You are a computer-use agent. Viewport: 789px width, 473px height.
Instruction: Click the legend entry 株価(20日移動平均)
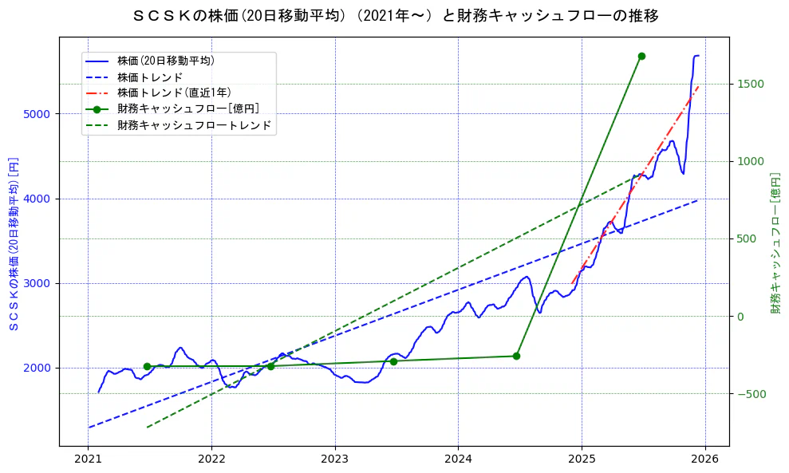click(165, 61)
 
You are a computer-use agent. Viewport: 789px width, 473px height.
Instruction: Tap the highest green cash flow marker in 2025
click(641, 56)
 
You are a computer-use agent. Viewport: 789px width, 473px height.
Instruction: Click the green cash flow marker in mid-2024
click(516, 356)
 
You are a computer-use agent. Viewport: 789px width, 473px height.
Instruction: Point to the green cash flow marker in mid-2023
click(393, 361)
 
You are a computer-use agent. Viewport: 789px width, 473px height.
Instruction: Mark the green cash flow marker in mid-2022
click(270, 366)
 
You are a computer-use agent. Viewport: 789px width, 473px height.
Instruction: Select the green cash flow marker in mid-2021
click(147, 366)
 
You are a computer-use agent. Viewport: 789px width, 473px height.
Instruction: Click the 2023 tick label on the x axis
click(334, 459)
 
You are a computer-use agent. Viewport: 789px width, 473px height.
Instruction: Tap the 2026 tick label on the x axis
click(704, 459)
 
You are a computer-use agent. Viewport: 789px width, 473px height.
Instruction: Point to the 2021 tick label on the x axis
click(88, 459)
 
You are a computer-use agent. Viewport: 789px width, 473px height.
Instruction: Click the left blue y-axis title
click(13, 242)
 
